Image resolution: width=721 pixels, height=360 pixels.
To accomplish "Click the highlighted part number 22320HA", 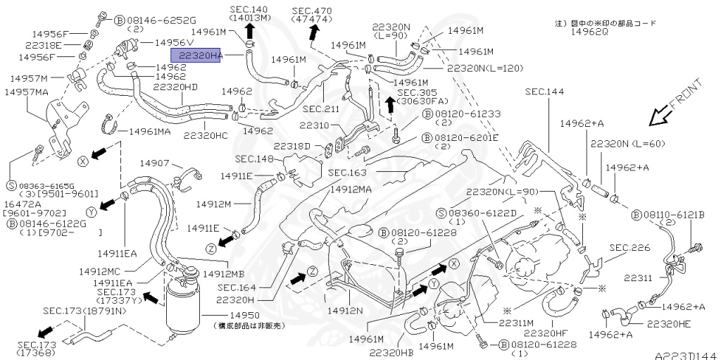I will coord(195,55).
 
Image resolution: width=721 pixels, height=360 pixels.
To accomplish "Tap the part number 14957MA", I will coord(27,92).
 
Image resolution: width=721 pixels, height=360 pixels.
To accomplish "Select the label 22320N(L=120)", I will coord(486,68).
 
